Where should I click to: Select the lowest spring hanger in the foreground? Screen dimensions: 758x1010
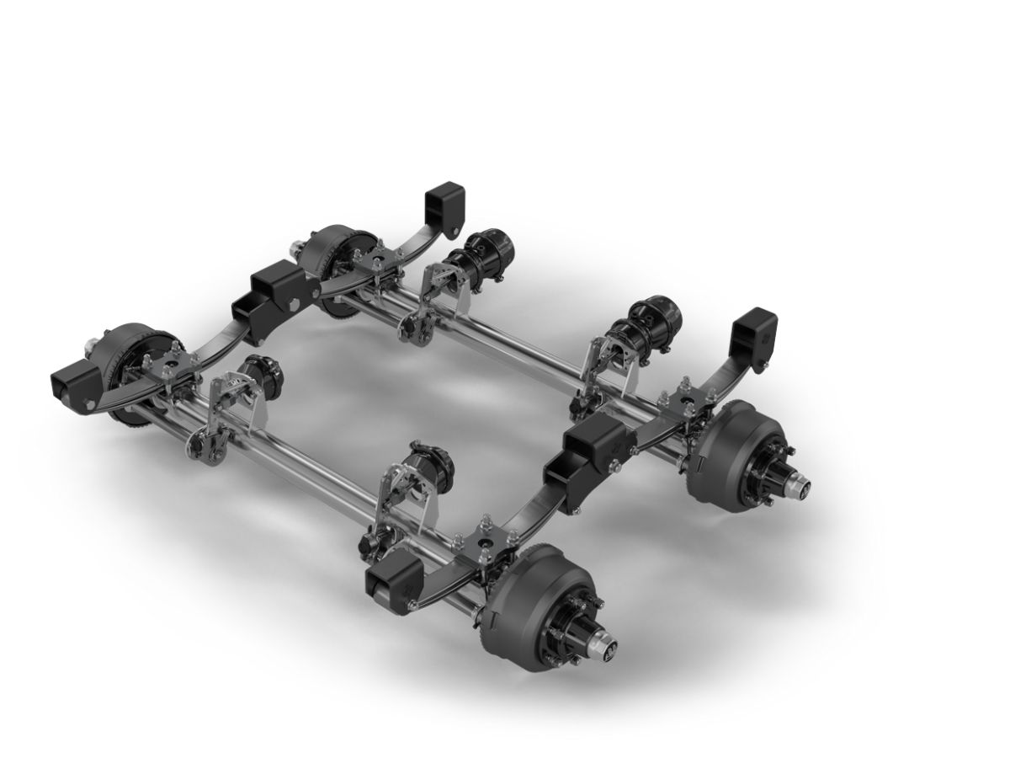389,583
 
